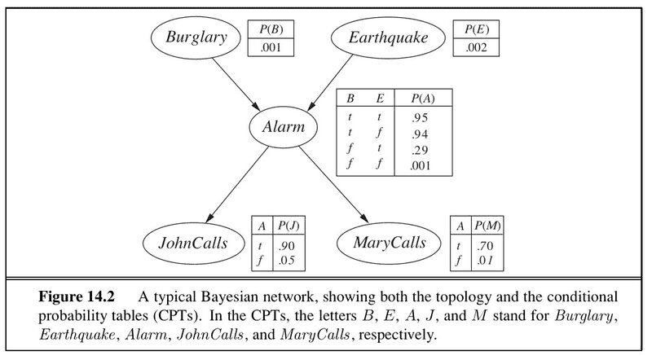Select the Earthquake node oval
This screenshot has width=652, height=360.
coord(380,37)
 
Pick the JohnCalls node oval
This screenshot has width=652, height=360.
coord(193,243)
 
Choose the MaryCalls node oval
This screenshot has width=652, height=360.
coord(389,243)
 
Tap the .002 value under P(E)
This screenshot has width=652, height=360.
coord(477,47)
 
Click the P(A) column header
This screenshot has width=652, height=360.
coord(424,99)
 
